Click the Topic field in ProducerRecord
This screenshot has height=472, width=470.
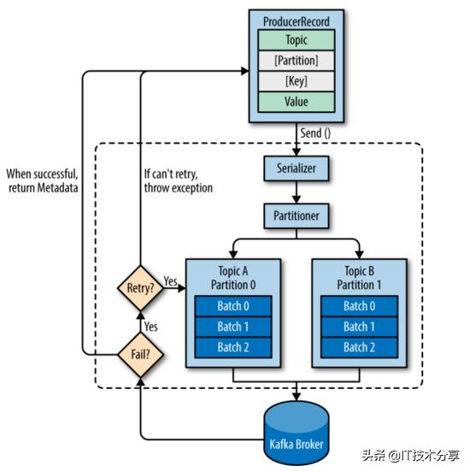coord(297,39)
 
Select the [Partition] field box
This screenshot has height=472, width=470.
coord(297,61)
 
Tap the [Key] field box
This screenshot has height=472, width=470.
coord(297,81)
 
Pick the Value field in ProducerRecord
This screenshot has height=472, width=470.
coord(297,102)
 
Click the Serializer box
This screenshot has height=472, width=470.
coord(297,168)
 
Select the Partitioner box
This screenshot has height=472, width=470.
coord(297,215)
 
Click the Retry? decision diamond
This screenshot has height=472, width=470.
coord(140,288)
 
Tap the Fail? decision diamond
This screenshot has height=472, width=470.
coord(140,355)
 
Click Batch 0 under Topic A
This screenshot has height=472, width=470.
coord(233,306)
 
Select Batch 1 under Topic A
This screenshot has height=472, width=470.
coord(233,327)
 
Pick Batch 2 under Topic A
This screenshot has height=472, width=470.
coord(233,347)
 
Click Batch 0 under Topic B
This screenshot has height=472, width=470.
coord(359,306)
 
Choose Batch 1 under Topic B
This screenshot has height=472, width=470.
coord(359,327)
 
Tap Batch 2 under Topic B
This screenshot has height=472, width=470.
coord(359,347)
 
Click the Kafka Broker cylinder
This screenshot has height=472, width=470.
coord(297,434)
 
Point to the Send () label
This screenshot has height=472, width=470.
coord(315,133)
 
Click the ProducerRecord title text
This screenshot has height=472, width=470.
coord(297,21)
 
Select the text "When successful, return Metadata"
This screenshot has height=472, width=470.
coord(43,181)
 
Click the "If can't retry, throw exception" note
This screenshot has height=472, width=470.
coord(178,181)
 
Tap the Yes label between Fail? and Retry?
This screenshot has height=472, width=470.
coord(150,327)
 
